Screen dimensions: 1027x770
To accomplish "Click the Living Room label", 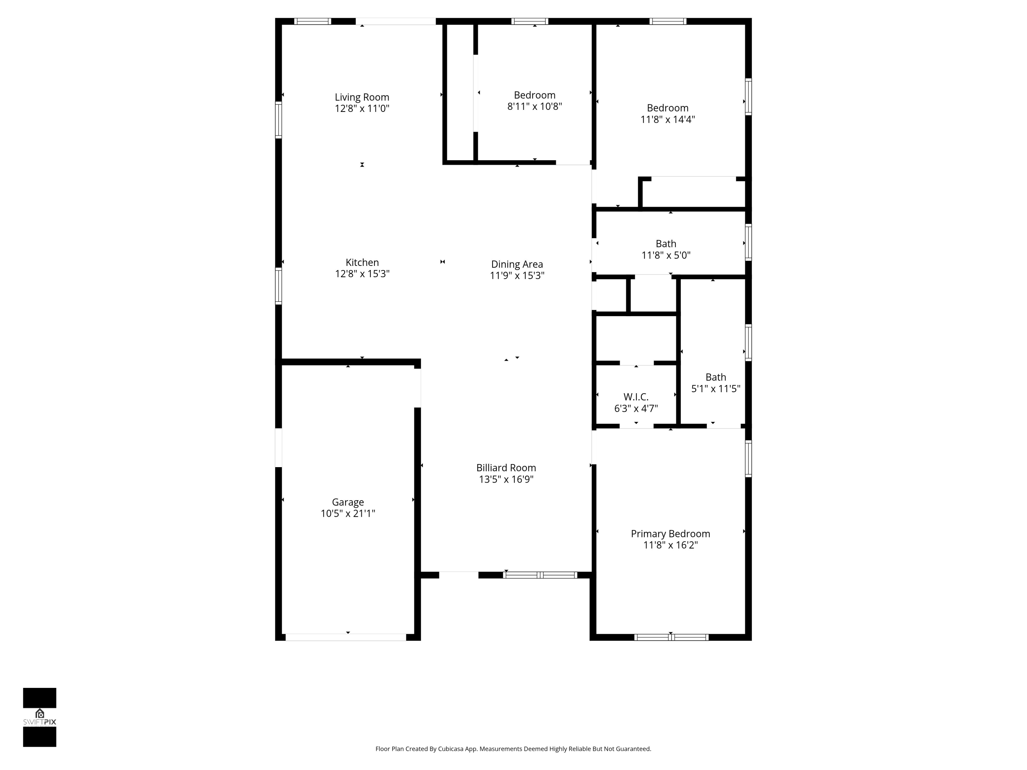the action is tap(362, 97).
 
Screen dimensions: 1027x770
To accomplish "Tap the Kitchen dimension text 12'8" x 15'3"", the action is tap(362, 274).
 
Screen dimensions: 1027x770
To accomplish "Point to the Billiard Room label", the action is tap(506, 468).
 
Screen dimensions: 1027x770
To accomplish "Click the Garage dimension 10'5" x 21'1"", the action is tap(348, 513).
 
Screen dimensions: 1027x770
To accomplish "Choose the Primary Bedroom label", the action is tap(670, 534).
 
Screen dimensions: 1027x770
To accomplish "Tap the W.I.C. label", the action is tap(636, 397).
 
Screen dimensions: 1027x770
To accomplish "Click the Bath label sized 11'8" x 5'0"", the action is tap(666, 244).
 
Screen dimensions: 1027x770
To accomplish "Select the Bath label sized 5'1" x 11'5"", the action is tap(715, 377).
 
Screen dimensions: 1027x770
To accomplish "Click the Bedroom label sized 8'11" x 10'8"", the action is tap(534, 95).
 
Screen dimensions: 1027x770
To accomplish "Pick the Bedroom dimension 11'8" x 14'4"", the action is tap(668, 119).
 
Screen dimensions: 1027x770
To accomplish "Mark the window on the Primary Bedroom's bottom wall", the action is tap(671, 637).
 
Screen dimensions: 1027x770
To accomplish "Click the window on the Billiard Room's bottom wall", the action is tap(540, 575).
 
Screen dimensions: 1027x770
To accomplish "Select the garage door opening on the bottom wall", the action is tap(346, 637).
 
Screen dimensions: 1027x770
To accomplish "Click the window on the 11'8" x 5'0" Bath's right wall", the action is tap(748, 242).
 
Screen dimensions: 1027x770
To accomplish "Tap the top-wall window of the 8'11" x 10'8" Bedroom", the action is tap(530, 21).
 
